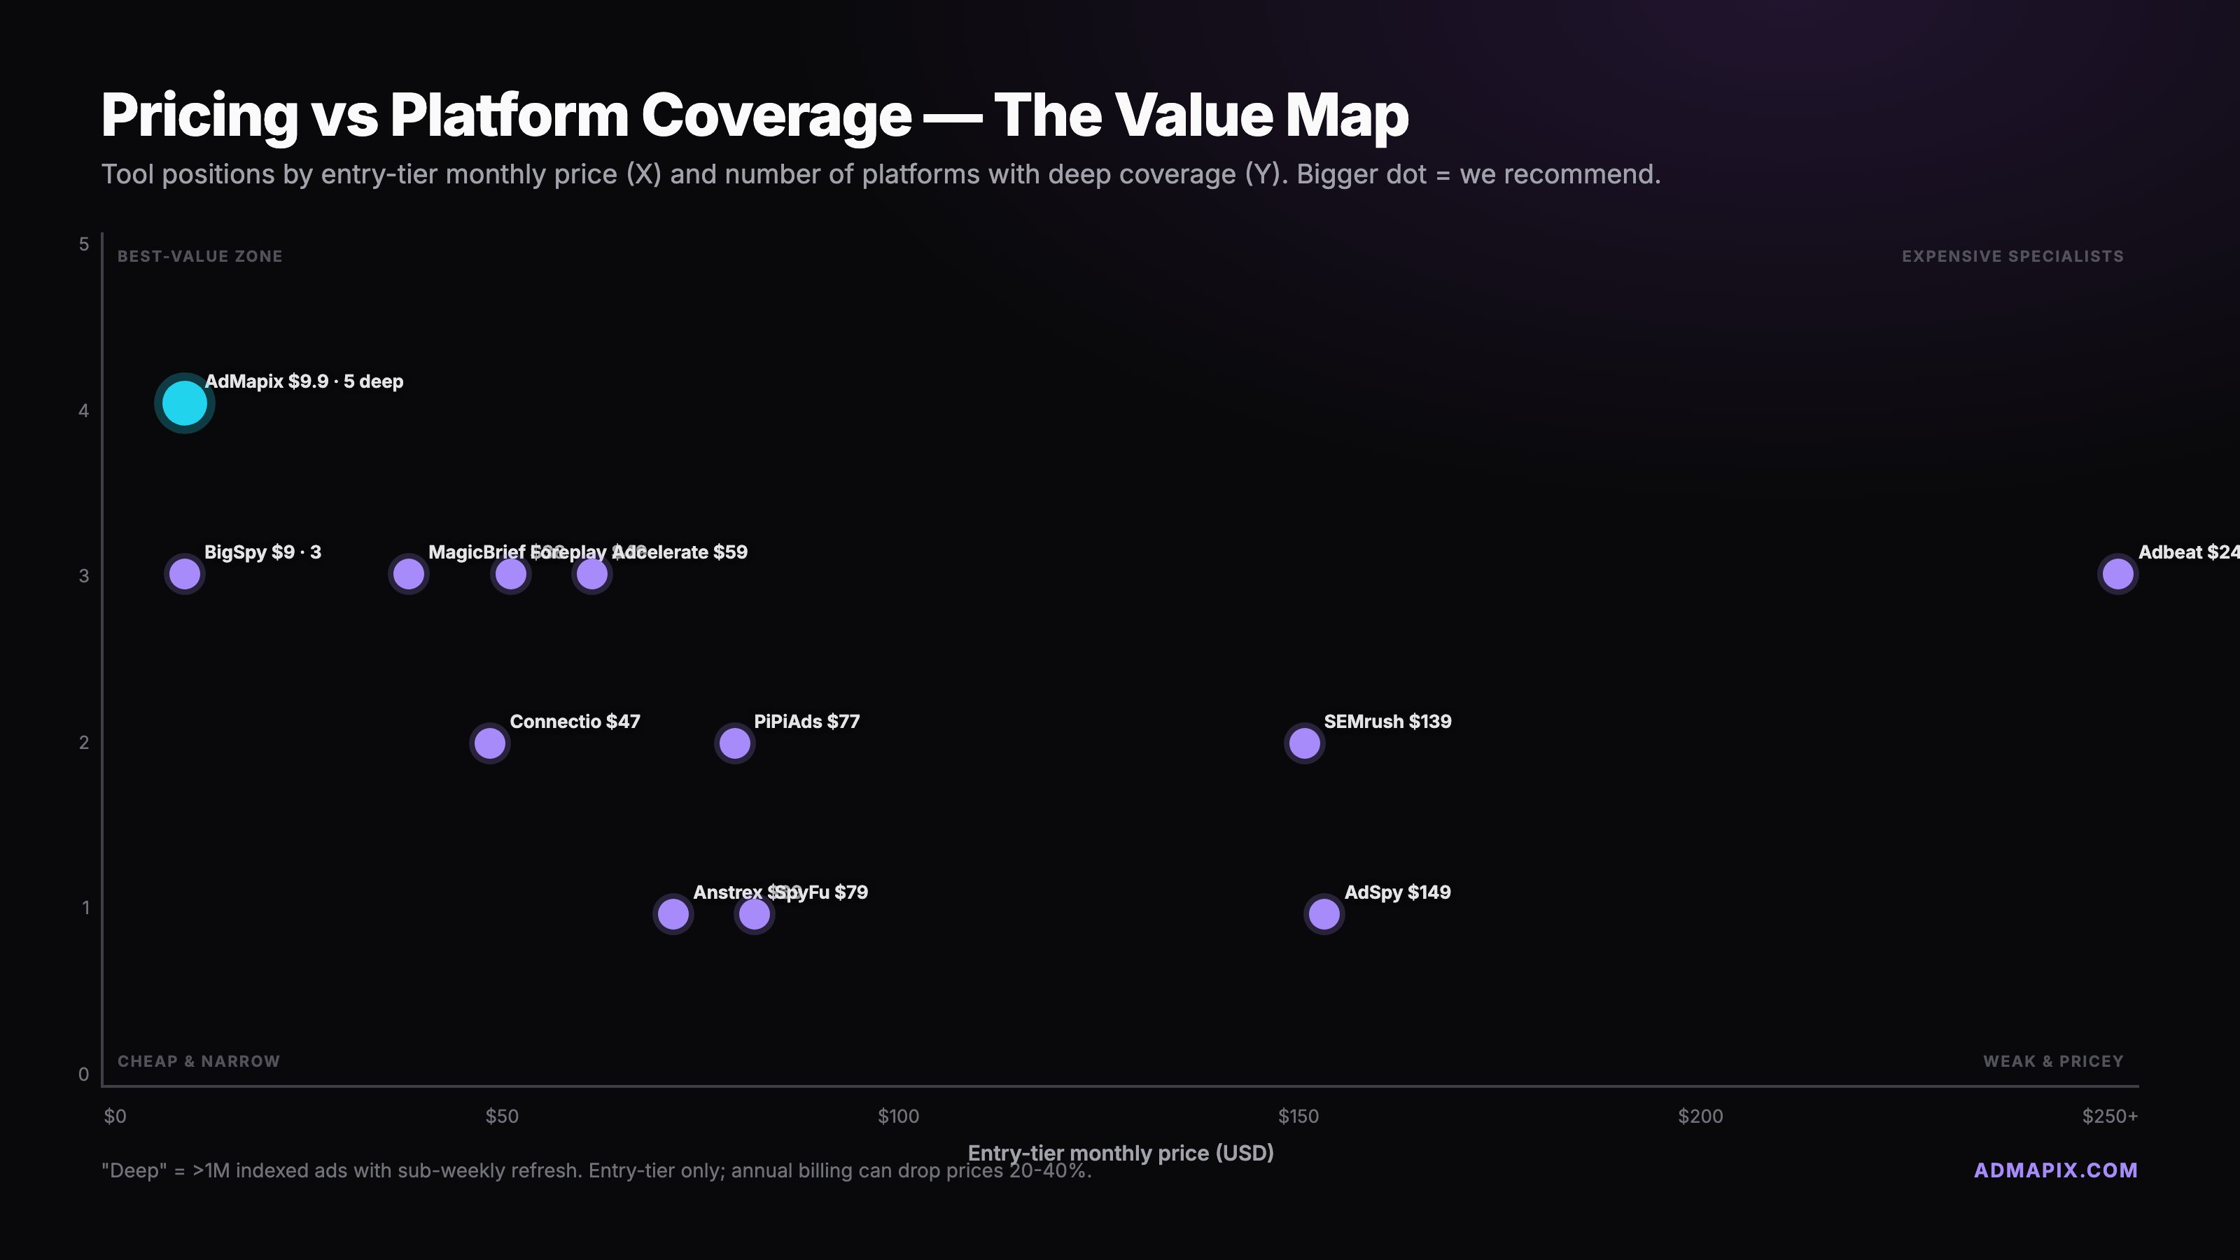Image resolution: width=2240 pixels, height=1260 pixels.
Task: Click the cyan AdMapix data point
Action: [184, 403]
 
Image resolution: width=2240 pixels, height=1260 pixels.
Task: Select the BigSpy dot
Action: [184, 574]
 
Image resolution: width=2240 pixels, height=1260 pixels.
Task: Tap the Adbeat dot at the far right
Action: [2117, 574]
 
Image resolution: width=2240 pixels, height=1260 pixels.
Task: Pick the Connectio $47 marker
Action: [489, 743]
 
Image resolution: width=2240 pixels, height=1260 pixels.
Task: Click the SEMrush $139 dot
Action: [1304, 743]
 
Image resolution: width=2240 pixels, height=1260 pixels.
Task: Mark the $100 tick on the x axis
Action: [898, 1116]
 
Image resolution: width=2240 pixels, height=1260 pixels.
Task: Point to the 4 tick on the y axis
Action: [83, 410]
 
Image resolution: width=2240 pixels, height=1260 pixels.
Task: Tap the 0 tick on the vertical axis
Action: [83, 1074]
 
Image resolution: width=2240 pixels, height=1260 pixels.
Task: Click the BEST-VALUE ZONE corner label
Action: [200, 256]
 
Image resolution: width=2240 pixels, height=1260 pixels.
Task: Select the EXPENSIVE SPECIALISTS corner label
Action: [2012, 256]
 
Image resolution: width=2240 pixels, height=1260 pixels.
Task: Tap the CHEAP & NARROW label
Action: [198, 1062]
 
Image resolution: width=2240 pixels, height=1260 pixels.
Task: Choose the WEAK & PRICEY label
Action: [2053, 1062]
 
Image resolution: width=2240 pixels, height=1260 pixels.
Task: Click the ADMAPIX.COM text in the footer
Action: [2056, 1170]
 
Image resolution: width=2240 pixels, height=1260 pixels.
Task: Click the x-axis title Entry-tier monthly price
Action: [1120, 1153]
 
